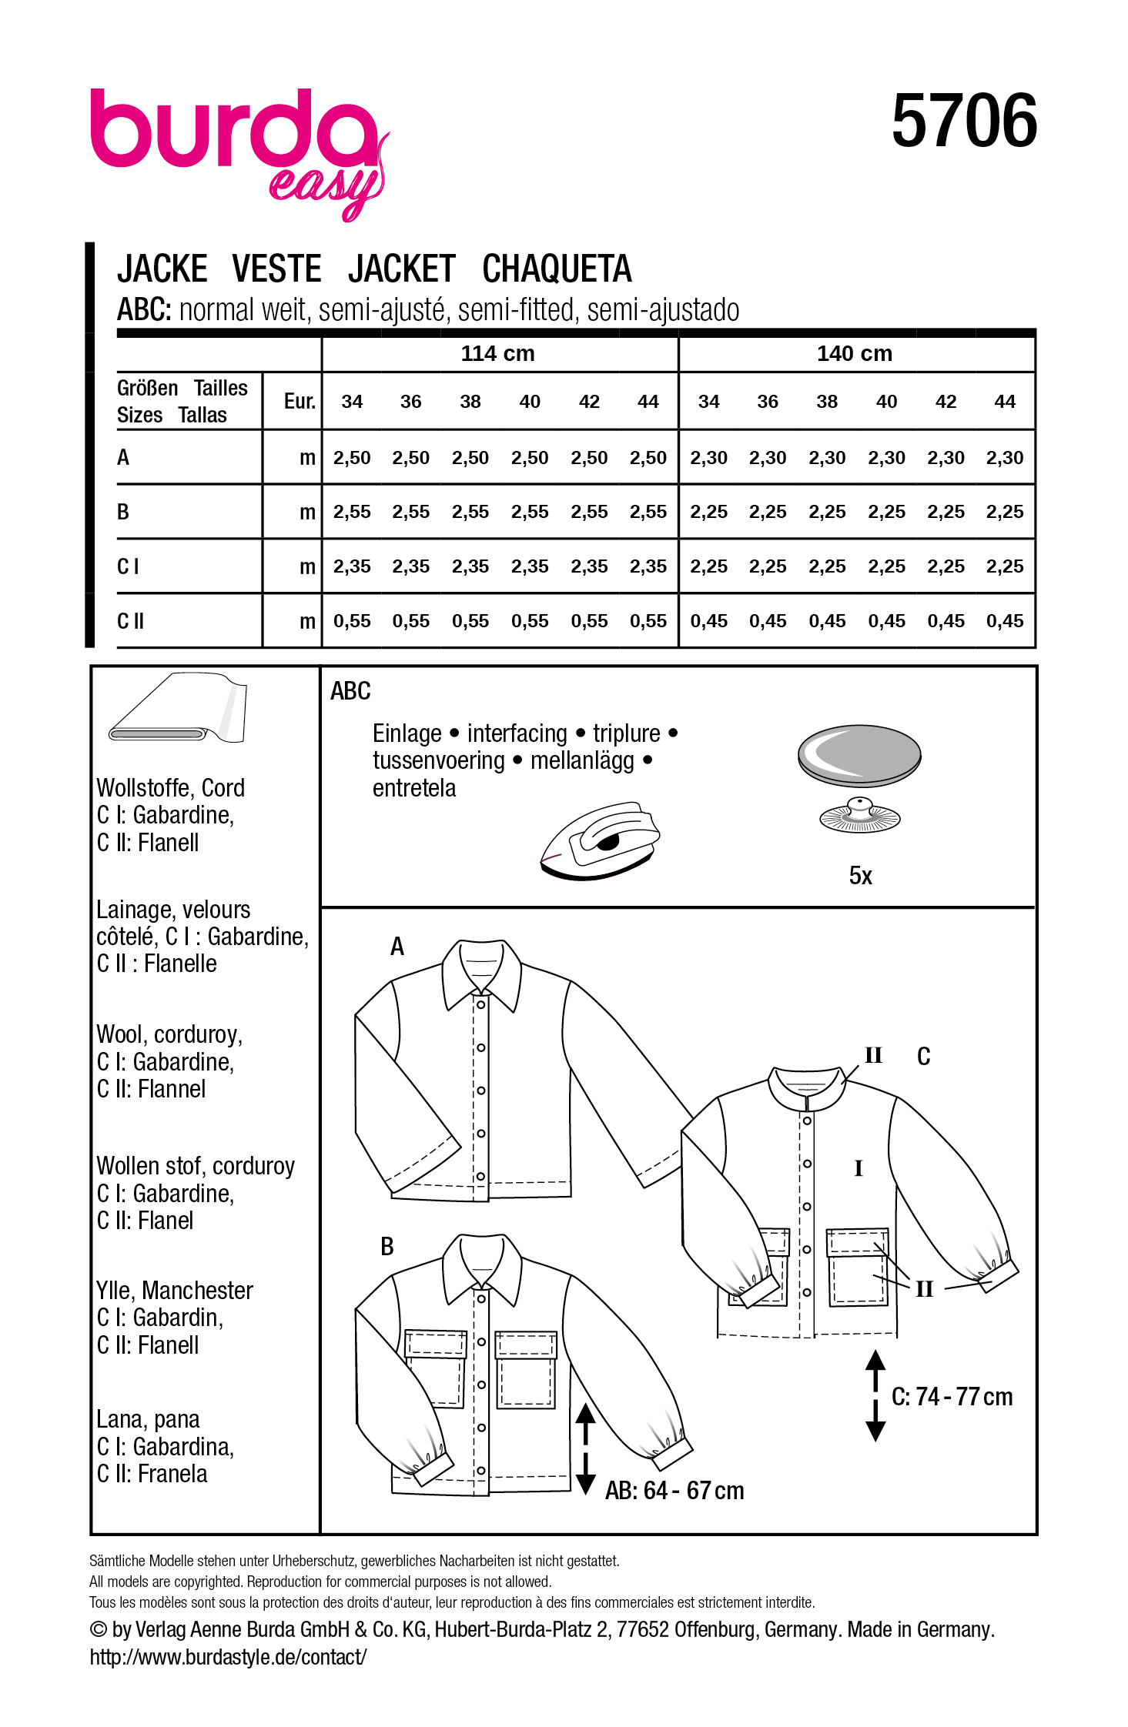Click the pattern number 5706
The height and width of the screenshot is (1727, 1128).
click(x=964, y=122)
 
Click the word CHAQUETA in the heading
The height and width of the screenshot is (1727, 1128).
click(x=556, y=269)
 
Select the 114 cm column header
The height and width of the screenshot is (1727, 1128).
click(x=497, y=354)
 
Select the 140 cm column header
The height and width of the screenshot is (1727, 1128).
click(x=854, y=354)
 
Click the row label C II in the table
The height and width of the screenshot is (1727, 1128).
click(x=131, y=621)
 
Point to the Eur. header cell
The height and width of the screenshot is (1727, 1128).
click(x=300, y=401)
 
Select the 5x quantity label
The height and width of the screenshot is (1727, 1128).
click(x=860, y=876)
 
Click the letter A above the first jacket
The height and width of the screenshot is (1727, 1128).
click(x=397, y=947)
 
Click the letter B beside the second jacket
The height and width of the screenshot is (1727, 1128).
click(x=387, y=1247)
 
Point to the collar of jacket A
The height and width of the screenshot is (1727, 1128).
click(x=481, y=974)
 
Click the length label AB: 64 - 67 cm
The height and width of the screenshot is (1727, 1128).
click(x=674, y=1491)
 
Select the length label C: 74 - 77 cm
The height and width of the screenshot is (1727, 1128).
click(x=952, y=1397)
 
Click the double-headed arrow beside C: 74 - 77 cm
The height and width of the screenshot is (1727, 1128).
click(x=875, y=1395)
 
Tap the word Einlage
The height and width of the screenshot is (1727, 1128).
click(x=407, y=733)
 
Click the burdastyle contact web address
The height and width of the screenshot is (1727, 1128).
click(x=228, y=1657)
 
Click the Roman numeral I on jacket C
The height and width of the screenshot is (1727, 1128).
click(x=859, y=1168)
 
